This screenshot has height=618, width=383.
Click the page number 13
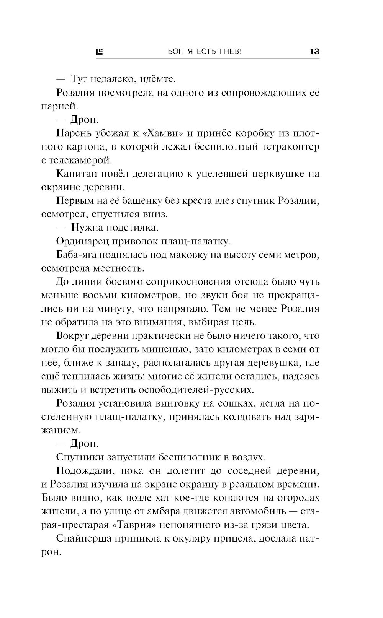click(314, 52)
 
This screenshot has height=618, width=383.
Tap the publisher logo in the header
click(99, 52)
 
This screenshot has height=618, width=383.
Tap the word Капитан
click(76, 174)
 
